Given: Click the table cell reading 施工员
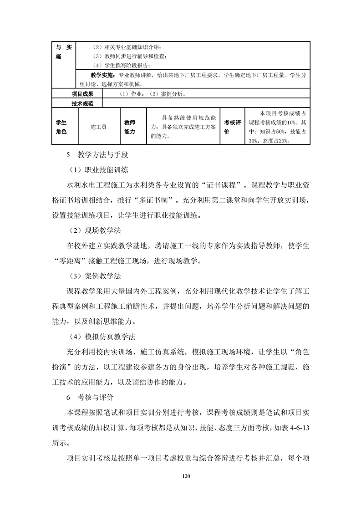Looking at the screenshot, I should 98,127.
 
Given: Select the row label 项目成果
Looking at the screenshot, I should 82,94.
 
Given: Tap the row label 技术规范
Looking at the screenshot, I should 82,103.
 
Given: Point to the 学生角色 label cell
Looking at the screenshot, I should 61,127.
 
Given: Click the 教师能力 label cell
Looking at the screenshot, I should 130,127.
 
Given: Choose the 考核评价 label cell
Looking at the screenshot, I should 232,127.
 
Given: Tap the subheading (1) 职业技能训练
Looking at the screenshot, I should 99,170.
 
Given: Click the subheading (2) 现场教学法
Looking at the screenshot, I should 95,231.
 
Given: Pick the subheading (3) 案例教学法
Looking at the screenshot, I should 95,276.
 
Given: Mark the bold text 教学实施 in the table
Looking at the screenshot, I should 103,75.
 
